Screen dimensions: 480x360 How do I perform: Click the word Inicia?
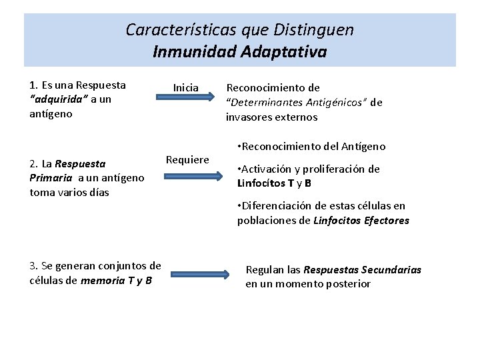click(x=186, y=87)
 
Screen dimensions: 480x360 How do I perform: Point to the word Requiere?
click(x=187, y=159)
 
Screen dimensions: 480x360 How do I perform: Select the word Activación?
click(x=267, y=169)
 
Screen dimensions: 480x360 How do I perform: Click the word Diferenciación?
click(x=276, y=206)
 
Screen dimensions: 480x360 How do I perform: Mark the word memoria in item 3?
click(x=101, y=280)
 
